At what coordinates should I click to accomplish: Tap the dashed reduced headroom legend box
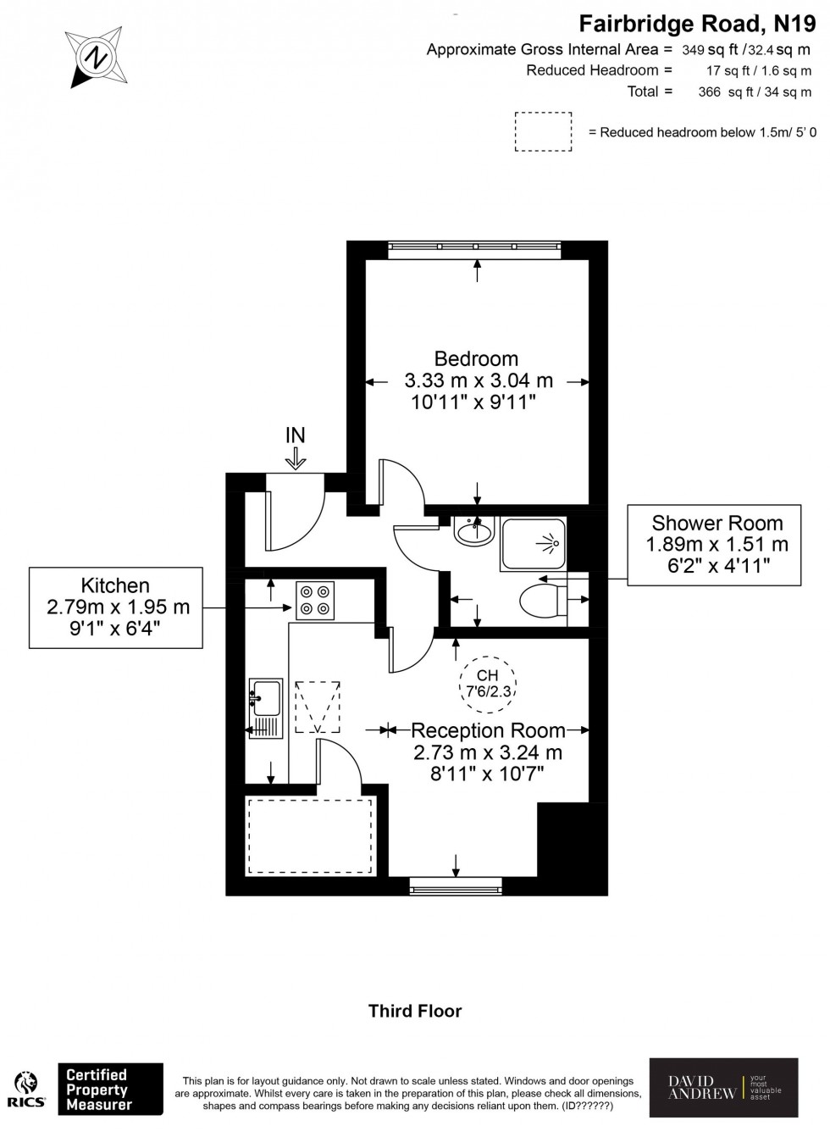click(x=543, y=131)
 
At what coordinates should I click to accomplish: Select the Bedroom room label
click(x=476, y=358)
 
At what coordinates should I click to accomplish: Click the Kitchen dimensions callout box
click(x=116, y=607)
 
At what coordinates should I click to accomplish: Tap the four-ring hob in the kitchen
click(x=314, y=599)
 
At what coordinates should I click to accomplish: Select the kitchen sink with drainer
click(x=265, y=707)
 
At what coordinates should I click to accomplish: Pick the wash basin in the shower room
click(x=473, y=532)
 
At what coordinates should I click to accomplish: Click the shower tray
click(x=533, y=543)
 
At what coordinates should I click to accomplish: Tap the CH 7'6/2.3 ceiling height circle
click(x=488, y=683)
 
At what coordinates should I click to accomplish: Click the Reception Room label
click(x=488, y=730)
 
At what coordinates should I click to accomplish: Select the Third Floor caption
click(x=415, y=1011)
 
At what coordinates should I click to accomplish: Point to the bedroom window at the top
click(x=474, y=248)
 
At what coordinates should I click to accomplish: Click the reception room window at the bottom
click(x=456, y=887)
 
